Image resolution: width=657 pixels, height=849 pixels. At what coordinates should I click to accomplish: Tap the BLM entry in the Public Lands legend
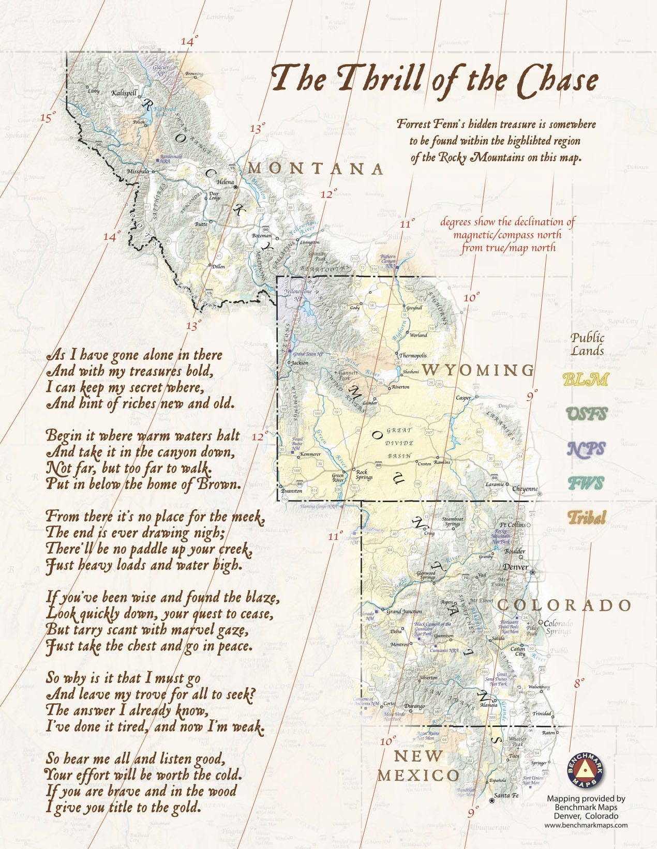(585, 380)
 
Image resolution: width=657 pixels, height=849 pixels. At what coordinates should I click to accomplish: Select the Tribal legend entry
(586, 517)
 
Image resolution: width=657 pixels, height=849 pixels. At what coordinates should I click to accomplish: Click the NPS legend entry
(586, 449)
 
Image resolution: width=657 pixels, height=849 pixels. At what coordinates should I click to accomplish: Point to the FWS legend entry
(586, 483)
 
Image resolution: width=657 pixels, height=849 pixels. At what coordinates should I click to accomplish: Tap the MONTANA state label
(317, 169)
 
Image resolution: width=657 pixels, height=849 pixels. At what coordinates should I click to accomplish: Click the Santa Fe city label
(506, 795)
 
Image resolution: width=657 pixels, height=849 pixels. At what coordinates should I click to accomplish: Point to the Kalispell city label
(124, 93)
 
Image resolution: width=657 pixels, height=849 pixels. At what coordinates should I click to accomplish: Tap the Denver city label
(516, 567)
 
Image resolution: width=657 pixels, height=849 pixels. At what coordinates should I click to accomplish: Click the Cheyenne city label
(525, 489)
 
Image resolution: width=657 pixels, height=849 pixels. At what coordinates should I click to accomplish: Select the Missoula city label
(138, 171)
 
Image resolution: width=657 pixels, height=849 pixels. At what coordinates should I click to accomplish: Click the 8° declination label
(579, 683)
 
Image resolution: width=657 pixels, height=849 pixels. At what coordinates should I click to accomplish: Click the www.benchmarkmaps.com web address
(586, 825)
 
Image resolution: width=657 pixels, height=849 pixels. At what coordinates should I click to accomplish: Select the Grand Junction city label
(405, 612)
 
